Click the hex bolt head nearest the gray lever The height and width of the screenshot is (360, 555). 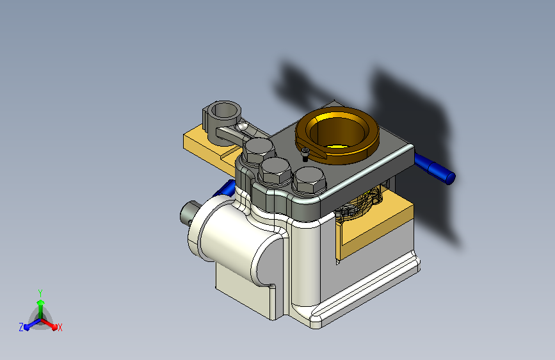click(259, 151)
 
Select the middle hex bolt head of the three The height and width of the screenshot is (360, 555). click(275, 171)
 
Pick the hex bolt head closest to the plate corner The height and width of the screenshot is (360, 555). click(309, 180)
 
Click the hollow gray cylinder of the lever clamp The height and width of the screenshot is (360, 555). click(222, 117)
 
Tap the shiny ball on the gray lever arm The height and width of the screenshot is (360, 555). click(242, 126)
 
